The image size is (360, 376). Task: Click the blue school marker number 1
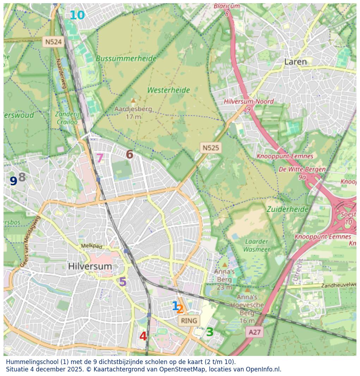(175, 306)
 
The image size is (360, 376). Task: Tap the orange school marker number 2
(180, 309)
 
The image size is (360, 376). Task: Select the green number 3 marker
(210, 332)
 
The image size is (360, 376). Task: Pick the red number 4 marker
(143, 336)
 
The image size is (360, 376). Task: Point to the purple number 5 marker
(123, 282)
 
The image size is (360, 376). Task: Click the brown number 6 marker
(130, 154)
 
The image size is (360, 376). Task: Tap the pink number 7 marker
(100, 158)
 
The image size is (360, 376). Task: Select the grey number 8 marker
(22, 177)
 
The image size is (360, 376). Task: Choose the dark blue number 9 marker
(13, 181)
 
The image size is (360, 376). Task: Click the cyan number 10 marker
(77, 16)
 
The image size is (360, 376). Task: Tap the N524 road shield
(54, 42)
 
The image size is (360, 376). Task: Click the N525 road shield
(210, 148)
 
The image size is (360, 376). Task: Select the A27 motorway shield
(255, 332)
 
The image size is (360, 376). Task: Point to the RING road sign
(189, 321)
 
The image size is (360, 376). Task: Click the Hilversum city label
(90, 266)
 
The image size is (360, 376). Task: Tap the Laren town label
(295, 62)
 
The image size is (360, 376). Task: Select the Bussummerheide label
(126, 58)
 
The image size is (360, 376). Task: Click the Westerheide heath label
(169, 90)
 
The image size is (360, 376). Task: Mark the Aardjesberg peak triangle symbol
(133, 100)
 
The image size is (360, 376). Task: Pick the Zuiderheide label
(287, 209)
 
